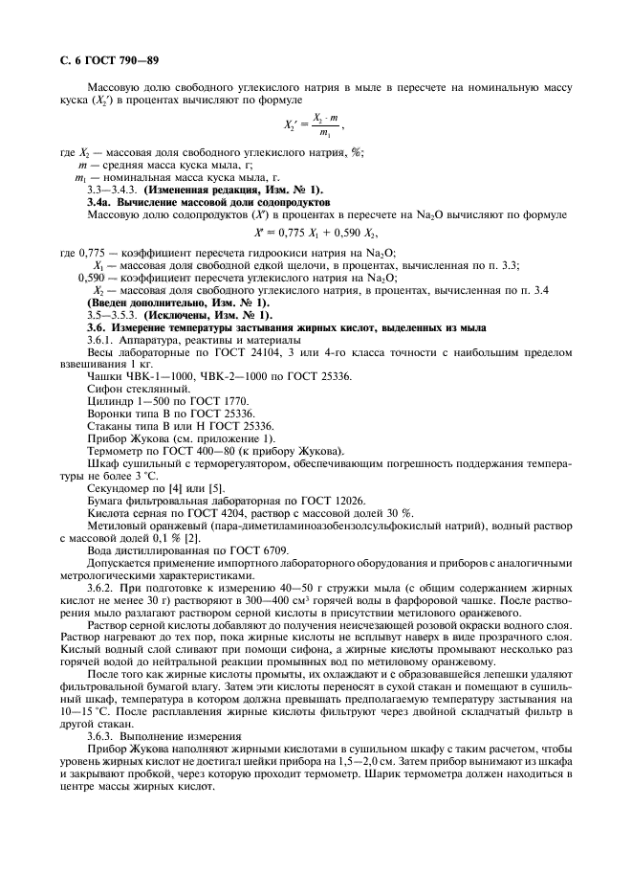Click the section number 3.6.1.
(102, 340)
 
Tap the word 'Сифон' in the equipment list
(105, 389)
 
